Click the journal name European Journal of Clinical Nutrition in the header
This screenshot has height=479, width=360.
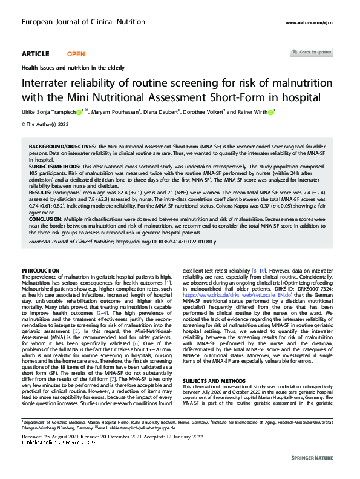(x=75, y=22)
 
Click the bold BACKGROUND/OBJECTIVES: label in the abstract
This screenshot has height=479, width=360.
(x=64, y=147)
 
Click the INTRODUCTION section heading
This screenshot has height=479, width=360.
(x=41, y=269)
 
